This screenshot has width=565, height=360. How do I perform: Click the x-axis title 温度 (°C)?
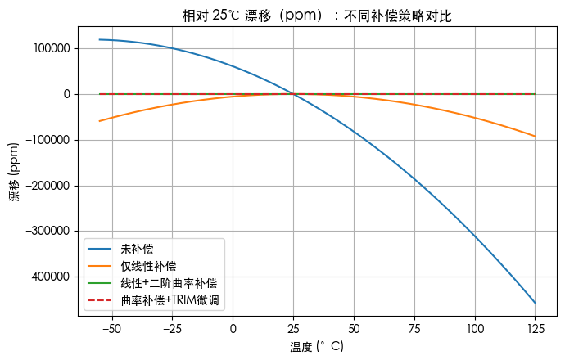pyautogui.click(x=317, y=348)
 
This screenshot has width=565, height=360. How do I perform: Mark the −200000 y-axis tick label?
pyautogui.click(x=47, y=186)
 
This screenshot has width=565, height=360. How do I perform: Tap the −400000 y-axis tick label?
pyautogui.click(x=47, y=277)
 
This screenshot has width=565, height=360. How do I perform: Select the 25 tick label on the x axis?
pyautogui.click(x=293, y=329)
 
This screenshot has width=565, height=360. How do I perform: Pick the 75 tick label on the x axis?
pyautogui.click(x=414, y=329)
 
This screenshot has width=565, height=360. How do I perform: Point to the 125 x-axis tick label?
pyautogui.click(x=535, y=329)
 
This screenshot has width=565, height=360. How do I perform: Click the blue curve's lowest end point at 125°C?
pyautogui.click(x=535, y=303)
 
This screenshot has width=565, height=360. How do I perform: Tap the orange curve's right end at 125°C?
pyautogui.click(x=535, y=137)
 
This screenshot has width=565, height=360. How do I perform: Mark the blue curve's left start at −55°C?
pyautogui.click(x=99, y=39)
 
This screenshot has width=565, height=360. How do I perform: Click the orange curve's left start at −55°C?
pyautogui.click(x=99, y=121)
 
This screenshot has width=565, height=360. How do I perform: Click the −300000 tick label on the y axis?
pyautogui.click(x=47, y=232)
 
